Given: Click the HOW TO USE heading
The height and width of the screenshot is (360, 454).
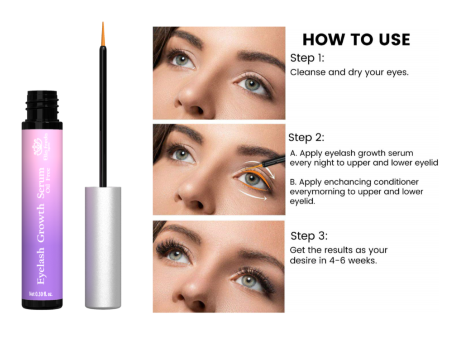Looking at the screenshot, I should click(356, 39).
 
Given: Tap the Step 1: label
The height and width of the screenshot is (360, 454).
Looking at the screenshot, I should click(307, 58).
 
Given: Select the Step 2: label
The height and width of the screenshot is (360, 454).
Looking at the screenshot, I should click(306, 138).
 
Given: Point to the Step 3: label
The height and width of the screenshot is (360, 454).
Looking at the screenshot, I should click(309, 236).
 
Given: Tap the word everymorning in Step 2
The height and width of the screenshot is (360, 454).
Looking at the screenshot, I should click(319, 192).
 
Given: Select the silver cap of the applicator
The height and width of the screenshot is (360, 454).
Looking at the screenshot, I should click(103, 247).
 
